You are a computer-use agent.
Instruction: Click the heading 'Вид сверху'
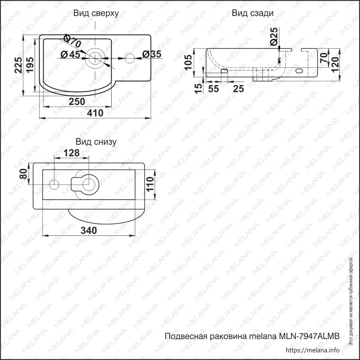pyautogui.click(x=96, y=13)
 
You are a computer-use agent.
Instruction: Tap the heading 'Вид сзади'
pyautogui.click(x=253, y=13)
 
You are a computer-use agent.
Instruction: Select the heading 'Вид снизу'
pyautogui.click(x=96, y=142)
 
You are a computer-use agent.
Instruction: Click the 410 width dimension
pyautogui.click(x=95, y=113)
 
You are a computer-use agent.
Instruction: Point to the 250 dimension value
pyautogui.click(x=77, y=101)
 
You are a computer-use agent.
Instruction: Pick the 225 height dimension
pyautogui.click(x=18, y=65)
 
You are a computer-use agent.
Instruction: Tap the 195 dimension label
pyautogui.click(x=30, y=65)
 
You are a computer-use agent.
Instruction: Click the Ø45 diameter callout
pyautogui.click(x=71, y=54)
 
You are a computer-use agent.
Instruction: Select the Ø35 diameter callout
pyautogui.click(x=152, y=54)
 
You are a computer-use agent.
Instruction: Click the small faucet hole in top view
pyautogui.click(x=130, y=58)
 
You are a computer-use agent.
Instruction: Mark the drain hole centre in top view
pyautogui.click(x=95, y=58)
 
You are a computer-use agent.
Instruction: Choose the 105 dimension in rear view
pyautogui.click(x=188, y=62)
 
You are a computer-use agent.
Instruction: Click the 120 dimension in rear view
pyautogui.click(x=335, y=64)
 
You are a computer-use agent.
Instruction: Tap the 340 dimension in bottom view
pyautogui.click(x=89, y=230)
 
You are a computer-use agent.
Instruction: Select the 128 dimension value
pyautogui.click(x=72, y=153)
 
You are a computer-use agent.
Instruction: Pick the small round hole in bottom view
pyautogui.click(x=54, y=184)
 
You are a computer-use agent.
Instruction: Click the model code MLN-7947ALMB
pyautogui.click(x=309, y=336)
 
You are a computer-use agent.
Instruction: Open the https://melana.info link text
pyautogui.click(x=313, y=350)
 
